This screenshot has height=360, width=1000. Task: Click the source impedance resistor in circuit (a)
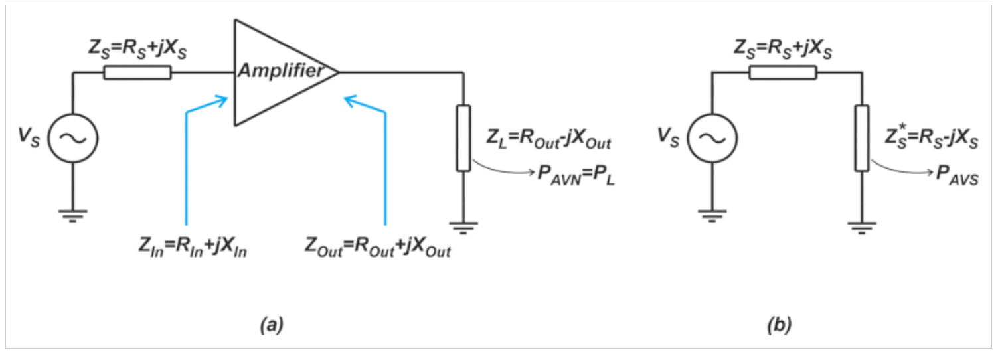[137, 73]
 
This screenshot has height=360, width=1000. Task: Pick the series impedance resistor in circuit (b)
[783, 73]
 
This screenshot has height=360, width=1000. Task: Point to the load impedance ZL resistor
[463, 138]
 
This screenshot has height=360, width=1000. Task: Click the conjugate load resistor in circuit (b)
[862, 138]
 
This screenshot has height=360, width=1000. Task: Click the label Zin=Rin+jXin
[193, 246]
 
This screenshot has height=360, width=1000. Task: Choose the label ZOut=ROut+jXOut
[378, 246]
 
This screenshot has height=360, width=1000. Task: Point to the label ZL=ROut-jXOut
[548, 139]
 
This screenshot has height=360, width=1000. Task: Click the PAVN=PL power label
[576, 175]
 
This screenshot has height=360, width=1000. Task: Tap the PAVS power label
[957, 175]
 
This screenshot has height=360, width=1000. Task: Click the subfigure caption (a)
[272, 325]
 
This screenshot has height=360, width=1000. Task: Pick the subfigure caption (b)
[779, 325]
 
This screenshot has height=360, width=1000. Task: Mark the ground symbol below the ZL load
[463, 228]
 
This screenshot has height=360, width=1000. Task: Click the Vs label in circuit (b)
[668, 137]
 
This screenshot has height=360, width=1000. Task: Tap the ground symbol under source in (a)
[73, 216]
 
